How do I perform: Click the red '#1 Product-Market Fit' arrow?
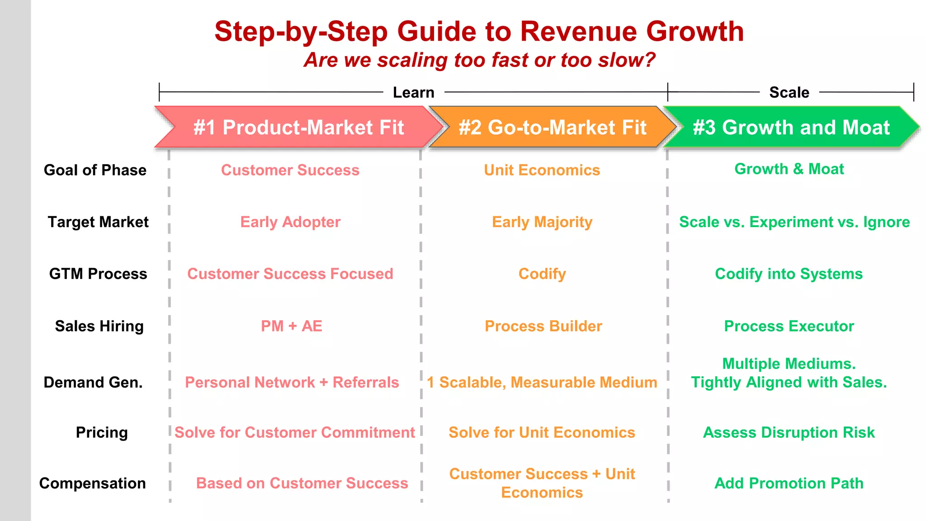(298, 128)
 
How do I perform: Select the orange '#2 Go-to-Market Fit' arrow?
(553, 128)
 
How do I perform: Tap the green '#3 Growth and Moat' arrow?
(791, 128)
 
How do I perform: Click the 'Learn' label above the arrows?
(413, 92)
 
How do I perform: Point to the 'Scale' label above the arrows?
(789, 92)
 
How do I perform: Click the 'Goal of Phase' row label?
(95, 170)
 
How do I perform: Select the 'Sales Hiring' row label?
(99, 326)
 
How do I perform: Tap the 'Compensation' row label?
(92, 483)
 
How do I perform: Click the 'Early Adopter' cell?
(290, 222)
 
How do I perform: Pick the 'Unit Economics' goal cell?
(542, 170)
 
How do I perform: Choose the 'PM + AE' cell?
(291, 326)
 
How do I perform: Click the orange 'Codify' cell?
(542, 274)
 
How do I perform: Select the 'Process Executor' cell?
(789, 326)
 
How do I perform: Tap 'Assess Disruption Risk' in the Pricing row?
(789, 432)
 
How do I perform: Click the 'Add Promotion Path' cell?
(789, 483)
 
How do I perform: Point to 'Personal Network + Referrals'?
(292, 382)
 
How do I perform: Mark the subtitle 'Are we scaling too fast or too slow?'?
(479, 60)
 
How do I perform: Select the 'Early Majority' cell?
(542, 222)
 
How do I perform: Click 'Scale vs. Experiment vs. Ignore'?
(794, 222)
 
